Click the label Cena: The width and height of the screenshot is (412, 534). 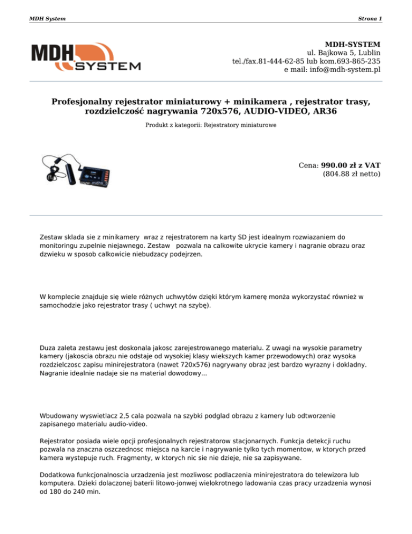(308, 165)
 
